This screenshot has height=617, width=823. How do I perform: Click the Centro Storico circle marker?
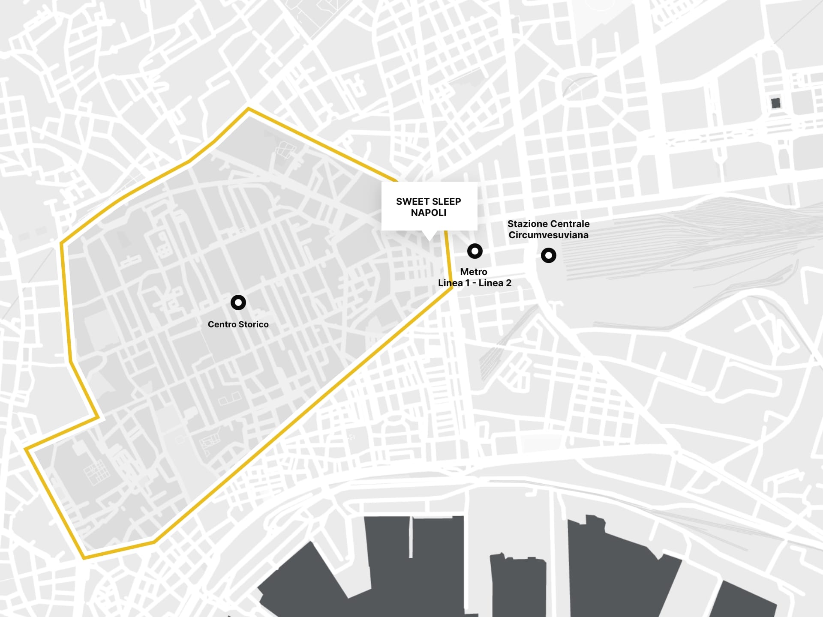(238, 303)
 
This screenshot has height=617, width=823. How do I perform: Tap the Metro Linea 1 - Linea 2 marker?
(475, 251)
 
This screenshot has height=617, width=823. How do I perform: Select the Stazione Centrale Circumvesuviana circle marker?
(549, 255)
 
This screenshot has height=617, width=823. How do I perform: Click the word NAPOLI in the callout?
(428, 213)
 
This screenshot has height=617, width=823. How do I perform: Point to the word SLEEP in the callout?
(447, 201)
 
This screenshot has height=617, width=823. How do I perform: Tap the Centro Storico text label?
(238, 324)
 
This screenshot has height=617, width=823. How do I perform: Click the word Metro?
(473, 272)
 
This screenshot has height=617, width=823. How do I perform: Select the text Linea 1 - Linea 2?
(475, 283)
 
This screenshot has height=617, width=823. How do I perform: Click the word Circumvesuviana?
(548, 235)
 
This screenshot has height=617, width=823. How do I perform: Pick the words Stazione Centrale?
(548, 224)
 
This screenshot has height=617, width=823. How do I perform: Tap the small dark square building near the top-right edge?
(775, 103)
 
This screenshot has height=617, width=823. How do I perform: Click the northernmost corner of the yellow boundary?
(249, 109)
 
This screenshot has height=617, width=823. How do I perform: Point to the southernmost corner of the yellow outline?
(84, 558)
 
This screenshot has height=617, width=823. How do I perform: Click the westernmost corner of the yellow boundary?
(26, 449)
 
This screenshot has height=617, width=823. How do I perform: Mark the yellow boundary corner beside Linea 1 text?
(451, 288)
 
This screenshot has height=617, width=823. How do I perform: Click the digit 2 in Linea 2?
(508, 283)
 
